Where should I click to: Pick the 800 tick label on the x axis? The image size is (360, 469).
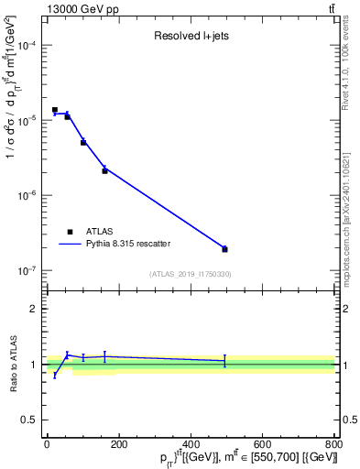pyautogui.click(x=333, y=444)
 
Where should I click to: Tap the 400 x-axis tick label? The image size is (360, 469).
pyautogui.click(x=191, y=444)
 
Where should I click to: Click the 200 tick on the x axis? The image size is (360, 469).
pyautogui.click(x=119, y=444)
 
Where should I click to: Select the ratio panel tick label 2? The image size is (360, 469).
pyautogui.click(x=34, y=309)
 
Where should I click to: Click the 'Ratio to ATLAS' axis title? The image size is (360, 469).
pyautogui.click(x=12, y=364)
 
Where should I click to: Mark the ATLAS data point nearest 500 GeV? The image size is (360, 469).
pyautogui.click(x=224, y=249)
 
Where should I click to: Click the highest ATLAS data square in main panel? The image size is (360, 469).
pyautogui.click(x=55, y=110)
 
